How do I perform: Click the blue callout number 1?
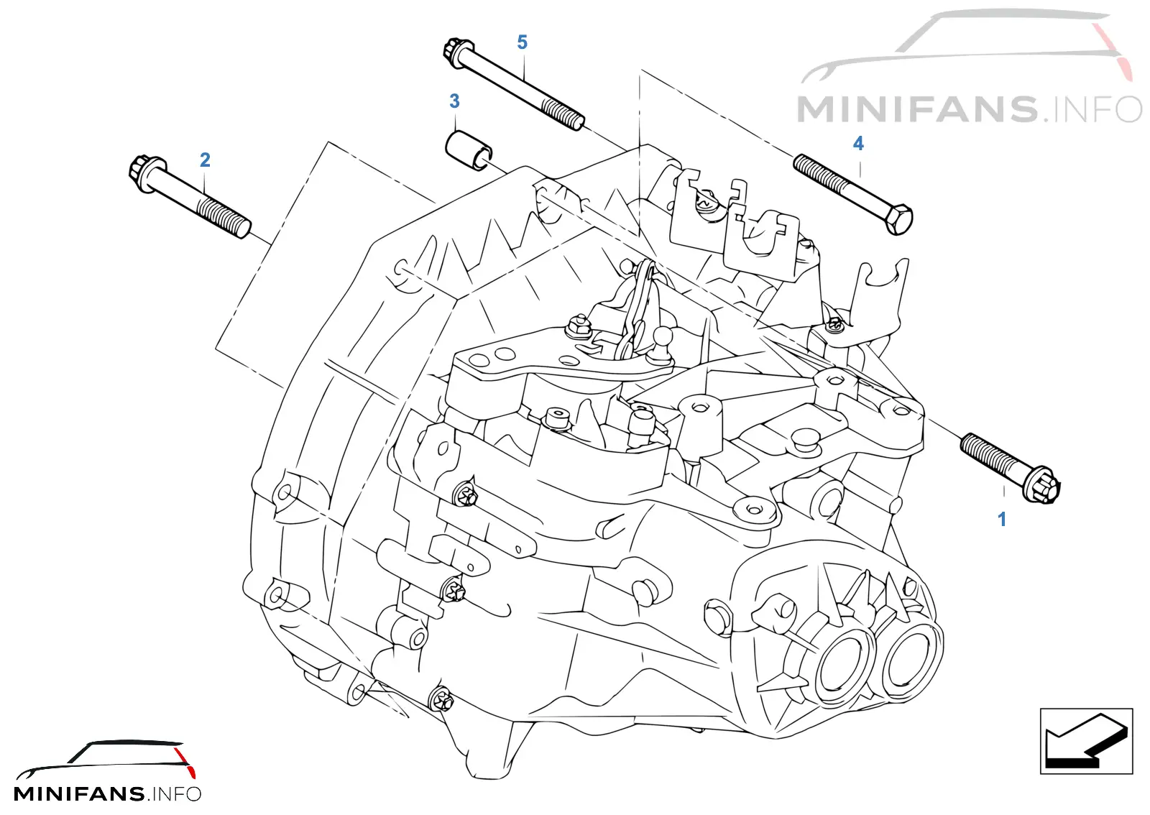click(1002, 519)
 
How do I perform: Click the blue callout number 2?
click(205, 160)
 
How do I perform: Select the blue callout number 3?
click(454, 101)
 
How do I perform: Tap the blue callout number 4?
click(858, 143)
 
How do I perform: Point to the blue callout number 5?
click(522, 42)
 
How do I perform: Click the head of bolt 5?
click(456, 52)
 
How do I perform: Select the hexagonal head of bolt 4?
click(898, 220)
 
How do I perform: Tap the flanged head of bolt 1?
click(1041, 484)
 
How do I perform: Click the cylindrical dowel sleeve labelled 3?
click(468, 150)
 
